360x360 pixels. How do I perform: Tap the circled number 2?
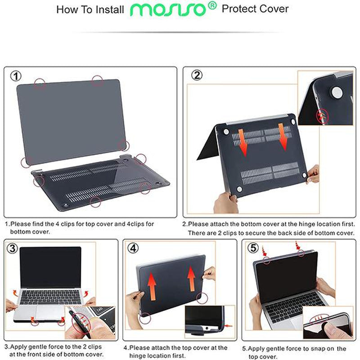[197, 75]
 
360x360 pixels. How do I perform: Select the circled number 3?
[13, 248]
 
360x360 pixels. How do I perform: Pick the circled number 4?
[133, 248]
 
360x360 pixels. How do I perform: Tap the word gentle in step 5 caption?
[278, 348]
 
